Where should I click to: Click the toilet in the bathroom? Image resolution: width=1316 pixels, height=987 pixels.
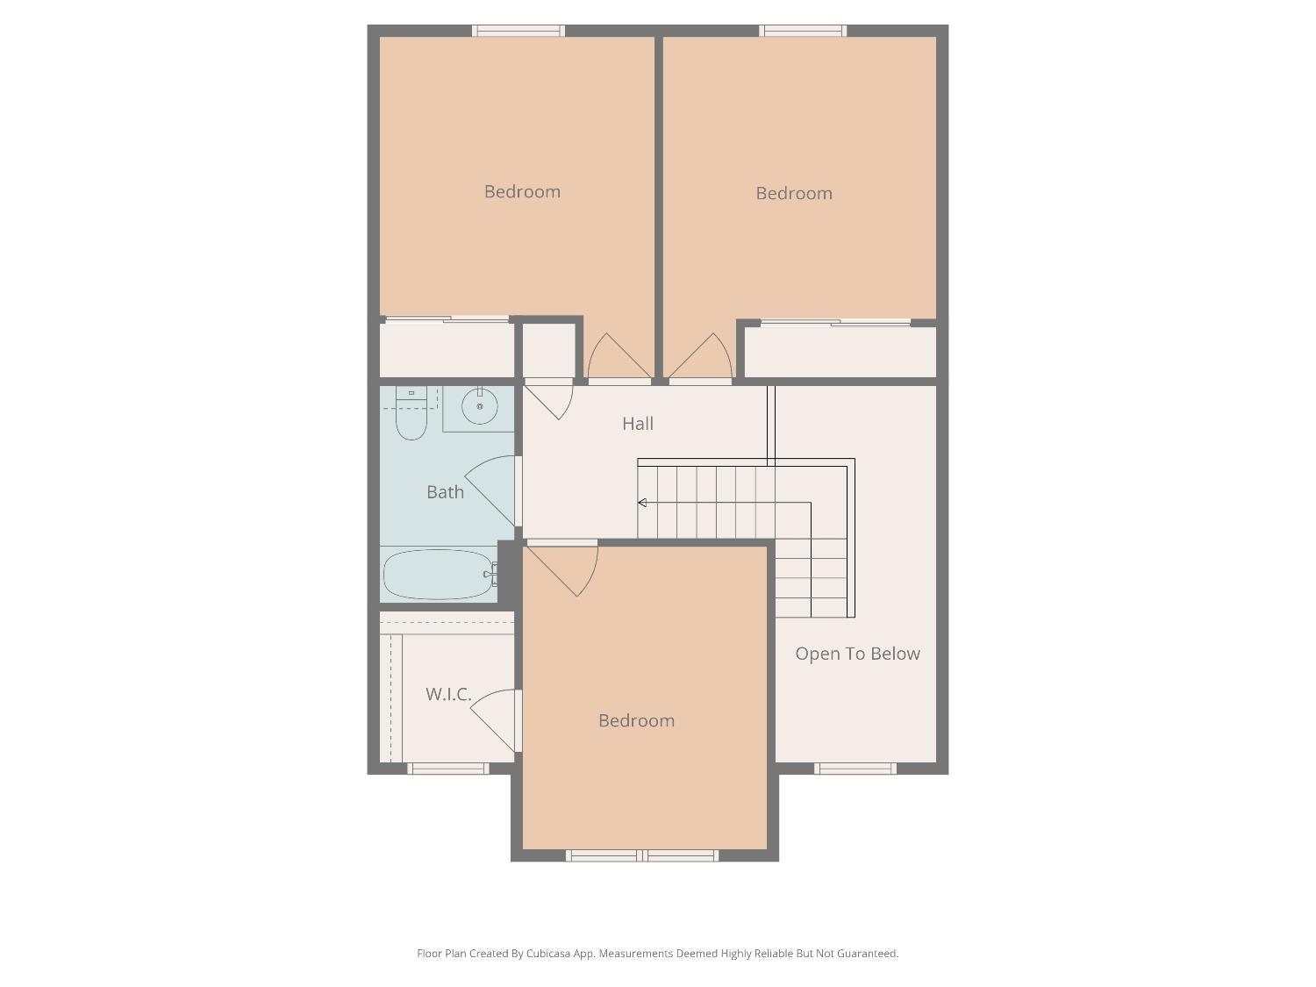(411, 414)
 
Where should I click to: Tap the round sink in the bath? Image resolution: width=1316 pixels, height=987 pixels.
(480, 406)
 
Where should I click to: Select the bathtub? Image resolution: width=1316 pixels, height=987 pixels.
(439, 574)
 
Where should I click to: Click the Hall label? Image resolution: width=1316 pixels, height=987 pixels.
(638, 424)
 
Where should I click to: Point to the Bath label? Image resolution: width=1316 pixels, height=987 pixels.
(445, 492)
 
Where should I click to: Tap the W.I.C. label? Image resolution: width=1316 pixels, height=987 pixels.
(448, 694)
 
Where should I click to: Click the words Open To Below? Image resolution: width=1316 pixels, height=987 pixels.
(857, 654)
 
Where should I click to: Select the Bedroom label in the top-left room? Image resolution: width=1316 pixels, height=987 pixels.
(522, 191)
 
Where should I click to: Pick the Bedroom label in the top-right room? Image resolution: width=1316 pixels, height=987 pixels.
(794, 193)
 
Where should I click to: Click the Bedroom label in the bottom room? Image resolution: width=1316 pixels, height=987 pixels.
(636, 720)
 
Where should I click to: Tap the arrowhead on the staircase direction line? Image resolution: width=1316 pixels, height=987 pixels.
(642, 503)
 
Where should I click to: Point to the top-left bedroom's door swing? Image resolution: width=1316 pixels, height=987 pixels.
(618, 358)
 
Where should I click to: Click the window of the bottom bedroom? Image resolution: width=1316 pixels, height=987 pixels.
(642, 855)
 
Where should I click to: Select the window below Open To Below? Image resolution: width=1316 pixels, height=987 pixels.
(855, 769)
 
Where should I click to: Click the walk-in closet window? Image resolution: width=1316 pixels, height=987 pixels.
(448, 769)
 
